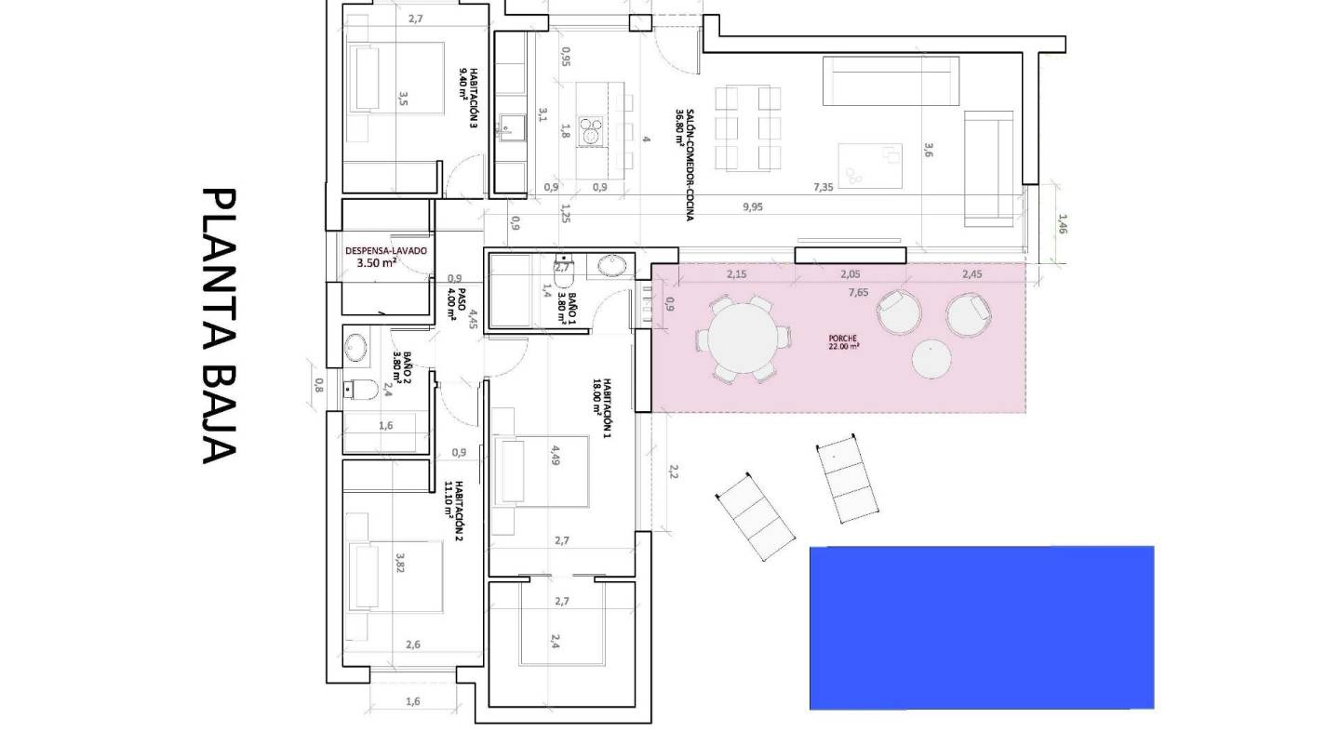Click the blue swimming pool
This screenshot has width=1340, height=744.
982,628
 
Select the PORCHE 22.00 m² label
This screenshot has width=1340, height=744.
843,342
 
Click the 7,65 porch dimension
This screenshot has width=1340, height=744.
858,292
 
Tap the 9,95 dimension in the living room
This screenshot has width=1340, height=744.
753,207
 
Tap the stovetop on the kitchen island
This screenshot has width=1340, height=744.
591,130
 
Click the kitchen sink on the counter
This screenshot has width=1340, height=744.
509,126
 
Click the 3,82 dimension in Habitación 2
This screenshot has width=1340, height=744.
401,564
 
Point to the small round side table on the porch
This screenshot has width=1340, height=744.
931,360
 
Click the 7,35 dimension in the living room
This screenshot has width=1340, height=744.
823,187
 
